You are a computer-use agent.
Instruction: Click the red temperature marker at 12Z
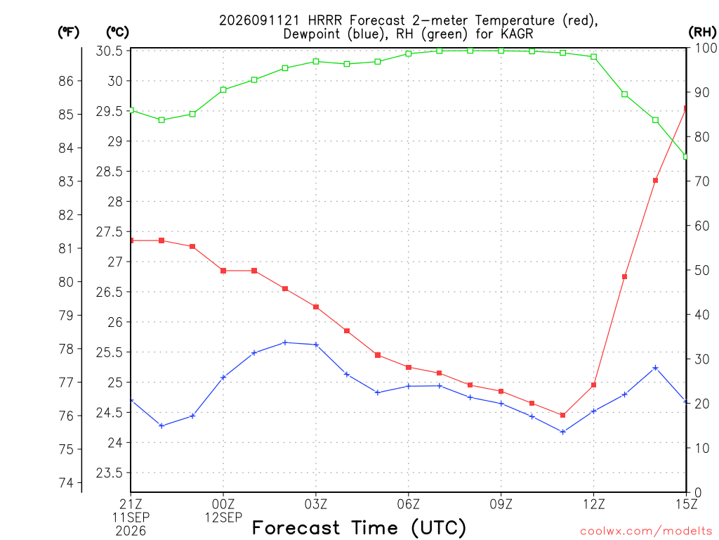[x=593, y=385]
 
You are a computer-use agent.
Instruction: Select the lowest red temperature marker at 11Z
[x=562, y=415]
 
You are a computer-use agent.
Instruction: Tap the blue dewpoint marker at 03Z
[x=316, y=345]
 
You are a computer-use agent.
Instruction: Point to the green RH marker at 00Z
[x=223, y=90]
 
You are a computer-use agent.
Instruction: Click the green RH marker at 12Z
[x=593, y=57]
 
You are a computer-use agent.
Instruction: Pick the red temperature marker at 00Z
[x=223, y=271]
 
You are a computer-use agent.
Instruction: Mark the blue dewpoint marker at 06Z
[x=409, y=386]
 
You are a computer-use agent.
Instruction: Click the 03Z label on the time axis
[x=316, y=504]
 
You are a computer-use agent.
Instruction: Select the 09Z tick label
[x=501, y=504]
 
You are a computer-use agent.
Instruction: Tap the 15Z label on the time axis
[x=686, y=504]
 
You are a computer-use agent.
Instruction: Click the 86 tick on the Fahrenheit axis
[x=66, y=82]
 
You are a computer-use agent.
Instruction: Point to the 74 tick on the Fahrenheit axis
[x=66, y=482]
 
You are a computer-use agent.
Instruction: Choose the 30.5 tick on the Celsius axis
[x=110, y=51]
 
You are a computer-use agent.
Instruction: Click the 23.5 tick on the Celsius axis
[x=110, y=473]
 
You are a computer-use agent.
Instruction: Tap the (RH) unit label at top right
[x=702, y=32]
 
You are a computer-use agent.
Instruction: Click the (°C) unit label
[x=117, y=32]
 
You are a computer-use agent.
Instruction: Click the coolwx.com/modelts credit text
[x=646, y=532]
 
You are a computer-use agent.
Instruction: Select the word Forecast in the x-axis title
[x=296, y=528]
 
